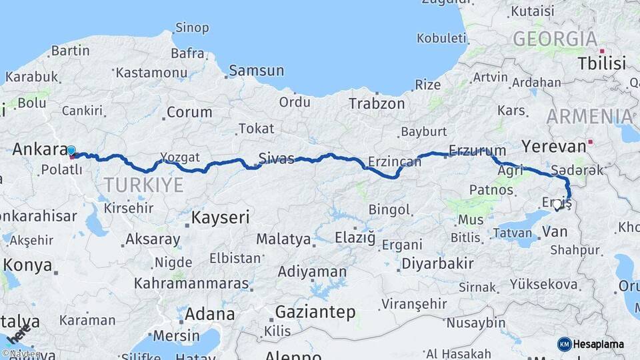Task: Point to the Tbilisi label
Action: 602,64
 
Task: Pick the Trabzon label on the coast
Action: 377,103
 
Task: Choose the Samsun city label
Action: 256,71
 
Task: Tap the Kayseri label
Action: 220,217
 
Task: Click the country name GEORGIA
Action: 555,39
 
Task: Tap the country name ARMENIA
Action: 589,117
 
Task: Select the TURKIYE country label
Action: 143,185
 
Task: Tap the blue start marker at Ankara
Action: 71,151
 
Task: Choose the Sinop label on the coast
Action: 192,28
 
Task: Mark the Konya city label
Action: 27,265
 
